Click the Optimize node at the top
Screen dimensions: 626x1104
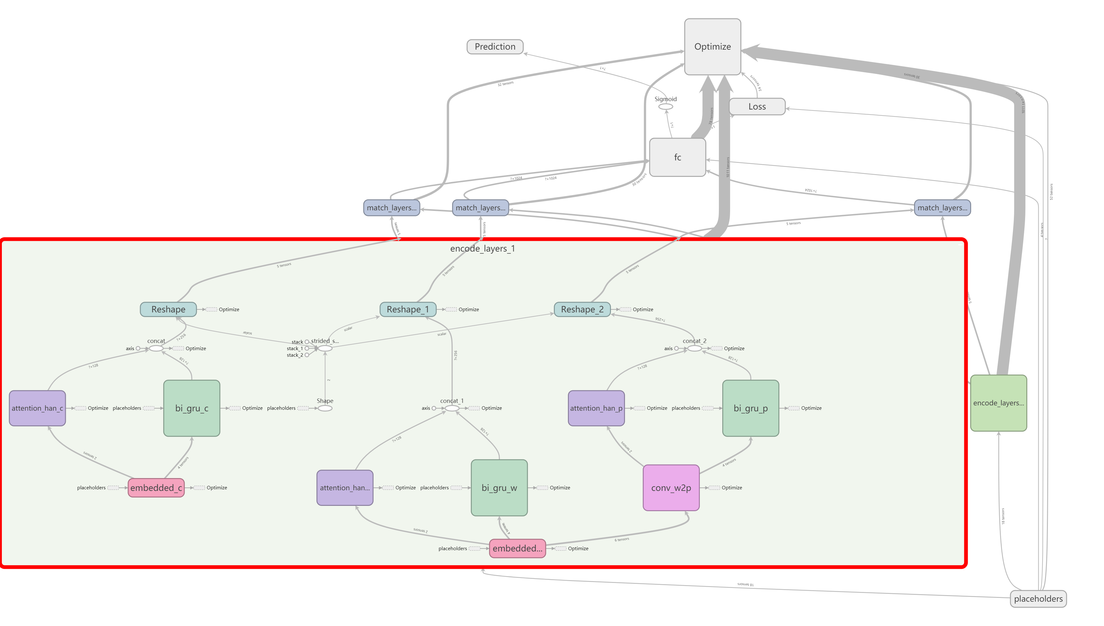pos(712,46)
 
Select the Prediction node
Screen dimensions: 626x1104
pos(495,46)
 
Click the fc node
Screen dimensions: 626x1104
pos(677,157)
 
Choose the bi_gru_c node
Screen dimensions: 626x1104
pos(191,408)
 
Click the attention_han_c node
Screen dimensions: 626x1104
pos(37,408)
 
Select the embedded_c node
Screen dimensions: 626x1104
pos(156,487)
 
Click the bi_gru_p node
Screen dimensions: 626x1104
pos(750,408)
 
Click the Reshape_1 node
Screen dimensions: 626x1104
pos(408,309)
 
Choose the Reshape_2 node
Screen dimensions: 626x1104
pos(582,309)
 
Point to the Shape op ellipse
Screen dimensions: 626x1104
pos(325,408)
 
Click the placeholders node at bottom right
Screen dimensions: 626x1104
pos(1038,599)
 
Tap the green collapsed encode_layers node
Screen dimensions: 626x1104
pos(998,403)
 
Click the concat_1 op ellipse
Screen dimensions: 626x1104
pos(452,408)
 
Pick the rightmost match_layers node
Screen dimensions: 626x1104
pos(942,208)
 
